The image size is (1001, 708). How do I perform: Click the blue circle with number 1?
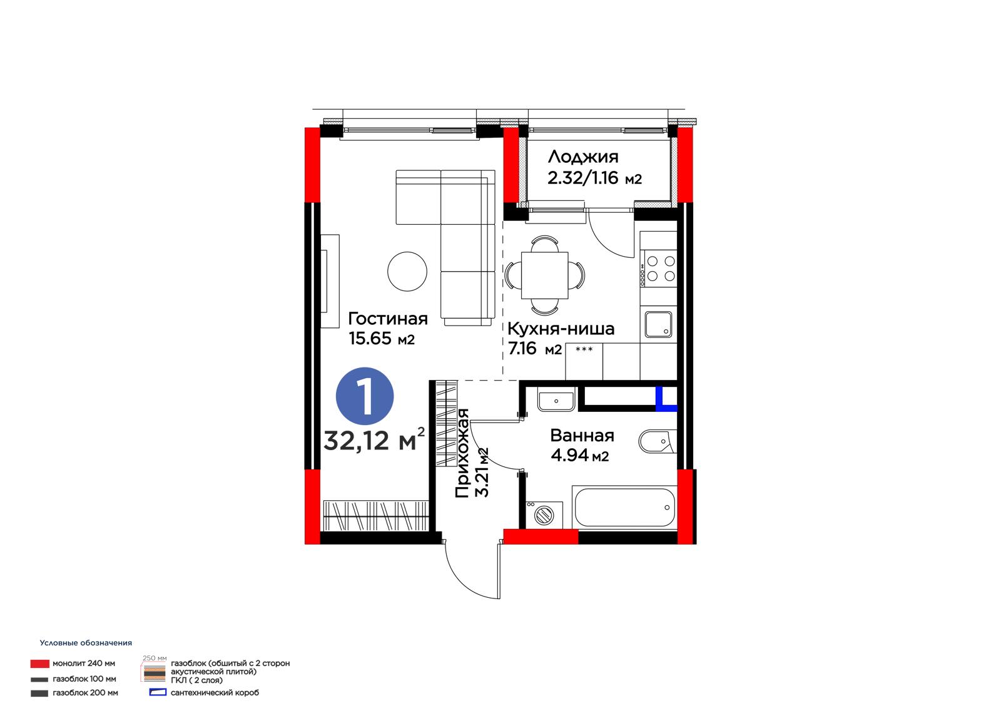pos(365,396)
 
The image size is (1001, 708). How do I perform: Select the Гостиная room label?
pos(388,319)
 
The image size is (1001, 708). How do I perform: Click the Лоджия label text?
pos(583,157)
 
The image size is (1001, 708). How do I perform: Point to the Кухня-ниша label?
pos(561,329)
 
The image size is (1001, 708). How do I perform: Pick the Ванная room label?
pos(582,435)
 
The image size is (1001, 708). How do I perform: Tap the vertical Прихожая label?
pos(462,453)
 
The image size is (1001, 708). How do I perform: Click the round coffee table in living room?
pos(407,272)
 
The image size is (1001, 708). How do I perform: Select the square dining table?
pos(545,275)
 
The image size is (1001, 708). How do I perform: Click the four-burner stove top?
pos(659,269)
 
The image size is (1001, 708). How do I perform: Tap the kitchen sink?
pos(658,325)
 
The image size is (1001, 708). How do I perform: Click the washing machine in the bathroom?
pos(544,515)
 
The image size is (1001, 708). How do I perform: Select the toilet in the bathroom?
pos(658,441)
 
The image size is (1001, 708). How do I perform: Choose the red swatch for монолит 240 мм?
pos(40,664)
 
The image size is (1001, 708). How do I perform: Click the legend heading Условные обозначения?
pos(86,643)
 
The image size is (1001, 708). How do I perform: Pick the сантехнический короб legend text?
pos(215,693)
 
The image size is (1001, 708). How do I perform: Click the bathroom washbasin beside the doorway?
pos(556,401)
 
